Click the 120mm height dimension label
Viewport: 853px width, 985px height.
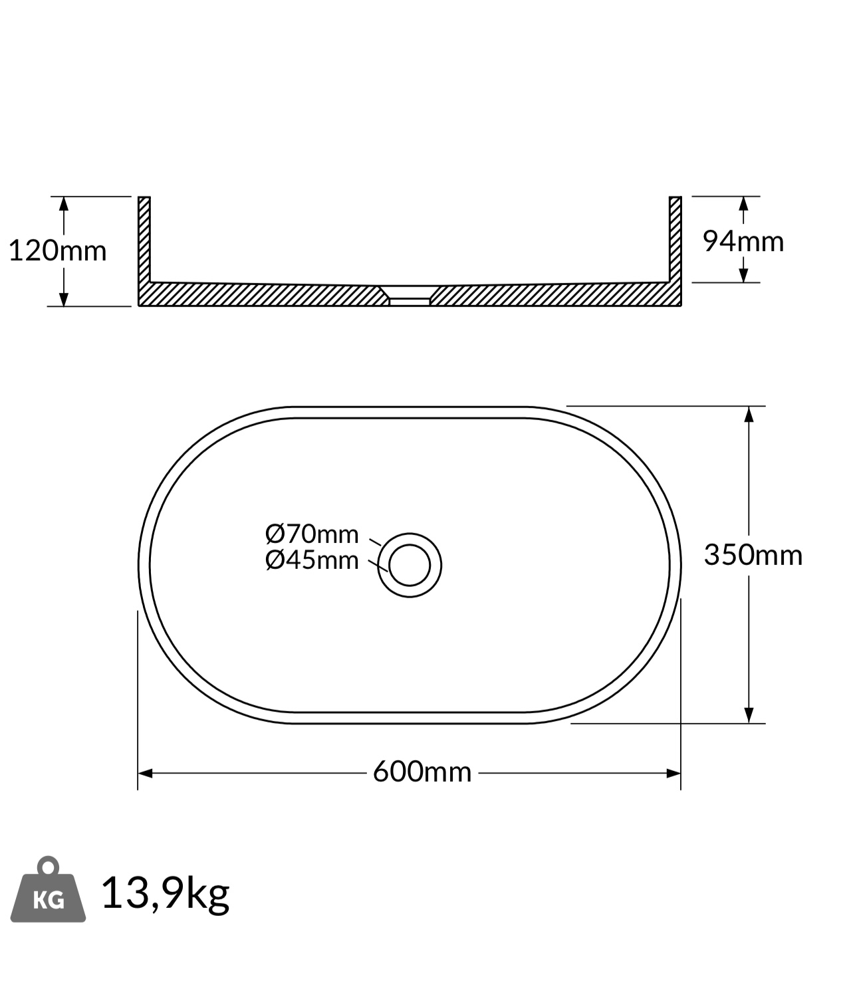[x=58, y=251]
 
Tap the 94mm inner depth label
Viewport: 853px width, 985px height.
[x=743, y=242]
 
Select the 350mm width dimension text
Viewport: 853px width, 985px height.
[x=753, y=555]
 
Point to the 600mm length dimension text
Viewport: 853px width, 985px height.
[x=422, y=772]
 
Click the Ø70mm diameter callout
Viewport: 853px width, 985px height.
[x=312, y=534]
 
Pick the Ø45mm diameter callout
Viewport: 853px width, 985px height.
[x=312, y=560]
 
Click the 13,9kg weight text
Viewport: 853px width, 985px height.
[x=166, y=894]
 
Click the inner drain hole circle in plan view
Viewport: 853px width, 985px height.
[x=410, y=545]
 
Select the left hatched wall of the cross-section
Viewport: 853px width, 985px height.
[x=144, y=243]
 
